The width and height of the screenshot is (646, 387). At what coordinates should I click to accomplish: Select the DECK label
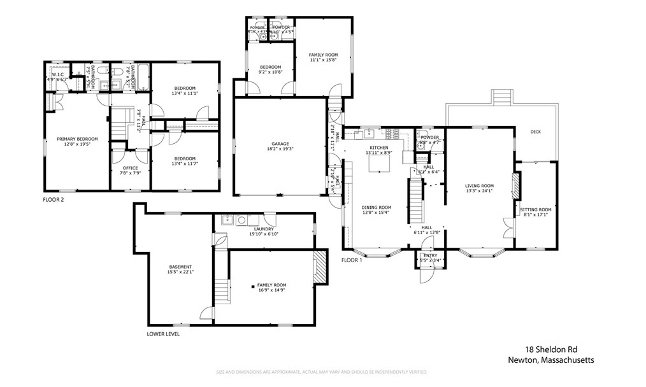(x=535, y=132)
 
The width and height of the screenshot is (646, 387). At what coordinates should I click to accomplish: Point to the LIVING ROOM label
(x=480, y=186)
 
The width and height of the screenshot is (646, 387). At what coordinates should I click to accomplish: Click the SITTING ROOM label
(x=535, y=209)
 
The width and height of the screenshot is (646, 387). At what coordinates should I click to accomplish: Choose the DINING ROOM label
(x=376, y=208)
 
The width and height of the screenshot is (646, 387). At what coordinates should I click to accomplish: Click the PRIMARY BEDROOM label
(x=77, y=139)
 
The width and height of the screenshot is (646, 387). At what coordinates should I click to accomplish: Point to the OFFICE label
(x=130, y=168)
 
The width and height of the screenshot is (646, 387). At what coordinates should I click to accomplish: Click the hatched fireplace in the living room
(x=517, y=185)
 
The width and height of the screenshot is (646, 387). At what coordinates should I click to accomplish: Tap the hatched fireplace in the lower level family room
(x=320, y=265)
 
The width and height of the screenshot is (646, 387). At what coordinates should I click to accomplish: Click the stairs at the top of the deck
(x=503, y=98)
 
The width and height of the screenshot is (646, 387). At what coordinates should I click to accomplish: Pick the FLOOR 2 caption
(x=54, y=199)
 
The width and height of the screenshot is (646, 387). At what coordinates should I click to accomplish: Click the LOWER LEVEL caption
(x=163, y=334)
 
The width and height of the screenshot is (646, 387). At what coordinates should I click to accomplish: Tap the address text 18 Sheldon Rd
(x=551, y=349)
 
